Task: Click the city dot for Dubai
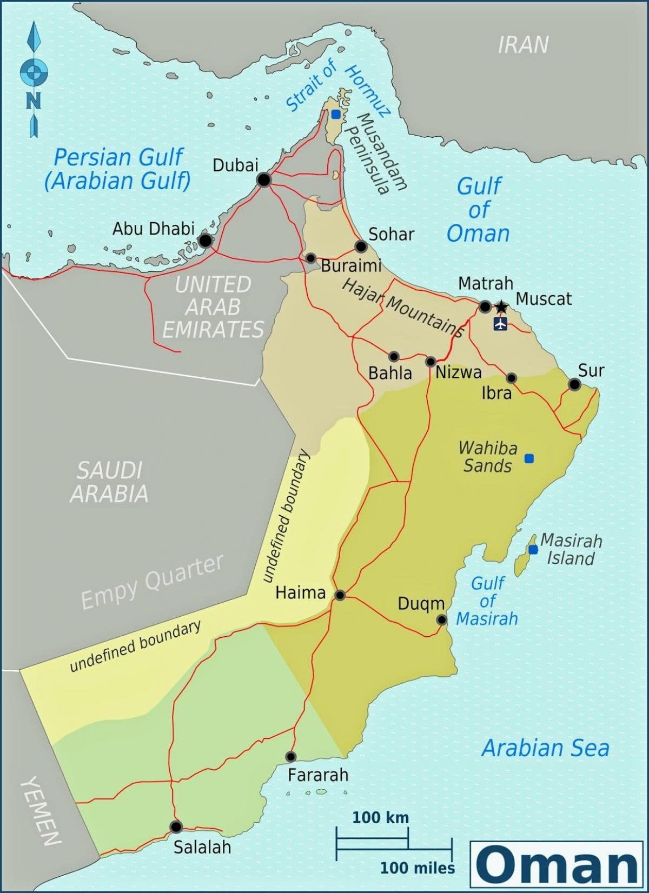pyautogui.click(x=263, y=179)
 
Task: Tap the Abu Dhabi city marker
pyautogui.click(x=205, y=240)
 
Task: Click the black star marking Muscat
pyautogui.click(x=501, y=307)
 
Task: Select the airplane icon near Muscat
pyautogui.click(x=501, y=324)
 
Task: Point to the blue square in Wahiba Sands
pyautogui.click(x=529, y=458)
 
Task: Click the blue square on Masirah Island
pyautogui.click(x=533, y=550)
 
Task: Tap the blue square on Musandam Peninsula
pyautogui.click(x=336, y=114)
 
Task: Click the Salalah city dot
pyautogui.click(x=176, y=827)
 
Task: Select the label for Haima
pyautogui.click(x=300, y=592)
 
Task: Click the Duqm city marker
pyautogui.click(x=442, y=619)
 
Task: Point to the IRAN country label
pyautogui.click(x=522, y=45)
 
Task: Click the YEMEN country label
pyautogui.click(x=41, y=811)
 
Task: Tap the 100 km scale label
pyautogui.click(x=380, y=817)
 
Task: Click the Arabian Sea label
pyautogui.click(x=545, y=748)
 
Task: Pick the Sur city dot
pyautogui.click(x=574, y=384)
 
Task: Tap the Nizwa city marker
pyautogui.click(x=431, y=361)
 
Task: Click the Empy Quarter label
pyautogui.click(x=152, y=582)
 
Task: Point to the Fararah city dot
pyautogui.click(x=291, y=756)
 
